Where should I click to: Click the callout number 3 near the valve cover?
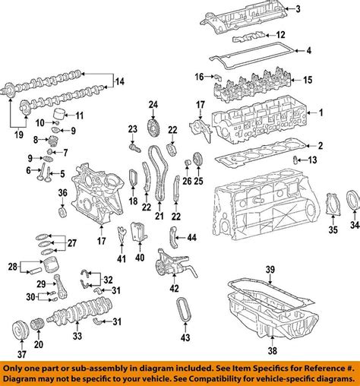click(x=298, y=9)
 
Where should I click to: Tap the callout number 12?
click(x=280, y=35)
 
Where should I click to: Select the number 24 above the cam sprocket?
click(x=153, y=105)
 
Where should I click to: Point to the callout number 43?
click(x=185, y=337)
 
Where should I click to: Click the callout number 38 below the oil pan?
click(x=273, y=351)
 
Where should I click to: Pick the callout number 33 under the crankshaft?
click(x=77, y=336)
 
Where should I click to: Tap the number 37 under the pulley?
click(x=22, y=354)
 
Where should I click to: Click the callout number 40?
click(x=140, y=258)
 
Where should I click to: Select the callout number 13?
click(x=312, y=160)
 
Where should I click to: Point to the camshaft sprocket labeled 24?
click(x=153, y=129)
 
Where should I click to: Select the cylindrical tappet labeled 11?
click(x=59, y=115)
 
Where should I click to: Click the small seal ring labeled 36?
click(x=62, y=212)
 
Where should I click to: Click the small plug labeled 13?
click(x=295, y=160)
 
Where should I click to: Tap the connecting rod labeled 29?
click(x=60, y=286)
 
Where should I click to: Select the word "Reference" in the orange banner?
click(x=323, y=369)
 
